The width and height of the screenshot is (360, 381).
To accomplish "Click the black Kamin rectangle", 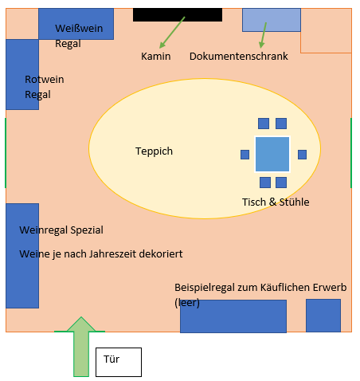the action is (178, 14).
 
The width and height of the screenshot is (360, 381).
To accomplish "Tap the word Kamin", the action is (156, 57).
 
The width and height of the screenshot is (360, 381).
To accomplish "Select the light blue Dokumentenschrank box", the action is (272, 20).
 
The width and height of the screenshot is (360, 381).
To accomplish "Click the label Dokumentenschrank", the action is (239, 57).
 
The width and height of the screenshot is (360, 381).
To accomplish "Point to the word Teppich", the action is (154, 151).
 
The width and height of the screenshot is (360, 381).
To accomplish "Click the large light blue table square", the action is (272, 154).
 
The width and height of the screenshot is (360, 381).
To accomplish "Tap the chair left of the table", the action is (245, 155).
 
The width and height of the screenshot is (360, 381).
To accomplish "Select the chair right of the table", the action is (302, 155).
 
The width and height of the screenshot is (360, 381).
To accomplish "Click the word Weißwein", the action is (79, 29).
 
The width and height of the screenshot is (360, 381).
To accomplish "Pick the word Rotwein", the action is (45, 80).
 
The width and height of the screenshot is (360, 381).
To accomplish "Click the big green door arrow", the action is (81, 347).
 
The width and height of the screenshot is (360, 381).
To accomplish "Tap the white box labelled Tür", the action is (119, 362).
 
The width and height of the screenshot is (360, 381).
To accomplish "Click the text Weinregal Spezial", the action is (61, 230).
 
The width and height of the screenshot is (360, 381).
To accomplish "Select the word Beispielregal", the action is (205, 288).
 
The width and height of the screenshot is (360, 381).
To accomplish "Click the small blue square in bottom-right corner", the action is (323, 316).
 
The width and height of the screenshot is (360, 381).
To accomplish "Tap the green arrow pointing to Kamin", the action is (172, 33).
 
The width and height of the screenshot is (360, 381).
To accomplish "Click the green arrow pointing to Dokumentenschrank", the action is (263, 35).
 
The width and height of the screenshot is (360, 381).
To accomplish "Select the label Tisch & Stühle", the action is (276, 202).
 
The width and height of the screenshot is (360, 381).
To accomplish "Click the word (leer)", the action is (187, 303).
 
